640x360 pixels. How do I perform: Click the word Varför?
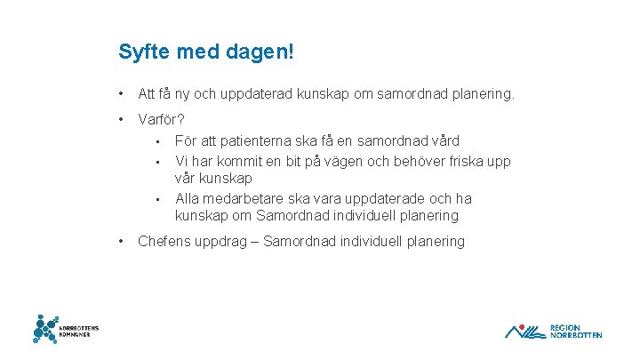(x=162, y=119)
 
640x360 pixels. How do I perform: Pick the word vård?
(x=441, y=140)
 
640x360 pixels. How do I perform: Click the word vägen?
(x=358, y=161)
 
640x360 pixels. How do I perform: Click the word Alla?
(x=189, y=198)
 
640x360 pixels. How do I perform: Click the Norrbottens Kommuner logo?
(x=66, y=329)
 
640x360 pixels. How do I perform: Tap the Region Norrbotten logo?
(x=553, y=331)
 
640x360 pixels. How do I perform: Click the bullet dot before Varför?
(x=121, y=119)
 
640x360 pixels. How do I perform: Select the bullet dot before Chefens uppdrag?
(x=121, y=241)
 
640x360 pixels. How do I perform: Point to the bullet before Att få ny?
(x=121, y=92)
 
